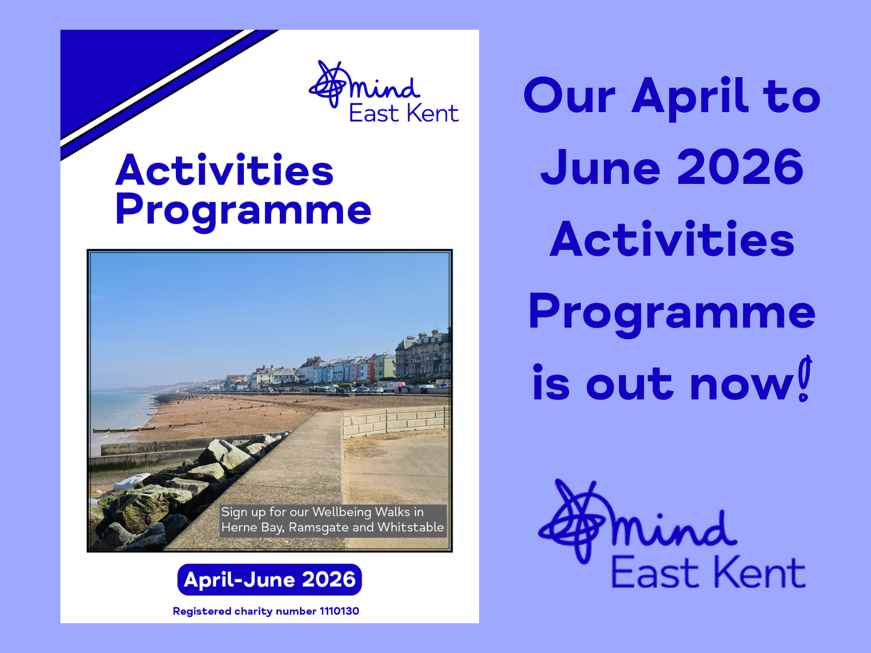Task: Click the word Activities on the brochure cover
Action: pyautogui.click(x=224, y=171)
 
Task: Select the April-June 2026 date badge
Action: pyautogui.click(x=269, y=580)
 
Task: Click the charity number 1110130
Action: pyautogui.click(x=339, y=611)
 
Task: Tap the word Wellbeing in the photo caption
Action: pyautogui.click(x=342, y=512)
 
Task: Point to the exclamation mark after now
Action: pyautogui.click(x=805, y=379)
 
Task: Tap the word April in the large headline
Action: pyautogui.click(x=689, y=97)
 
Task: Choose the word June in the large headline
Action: pyautogui.click(x=600, y=168)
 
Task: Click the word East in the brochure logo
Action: pyautogui.click(x=374, y=114)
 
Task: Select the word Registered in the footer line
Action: pyautogui.click(x=202, y=611)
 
